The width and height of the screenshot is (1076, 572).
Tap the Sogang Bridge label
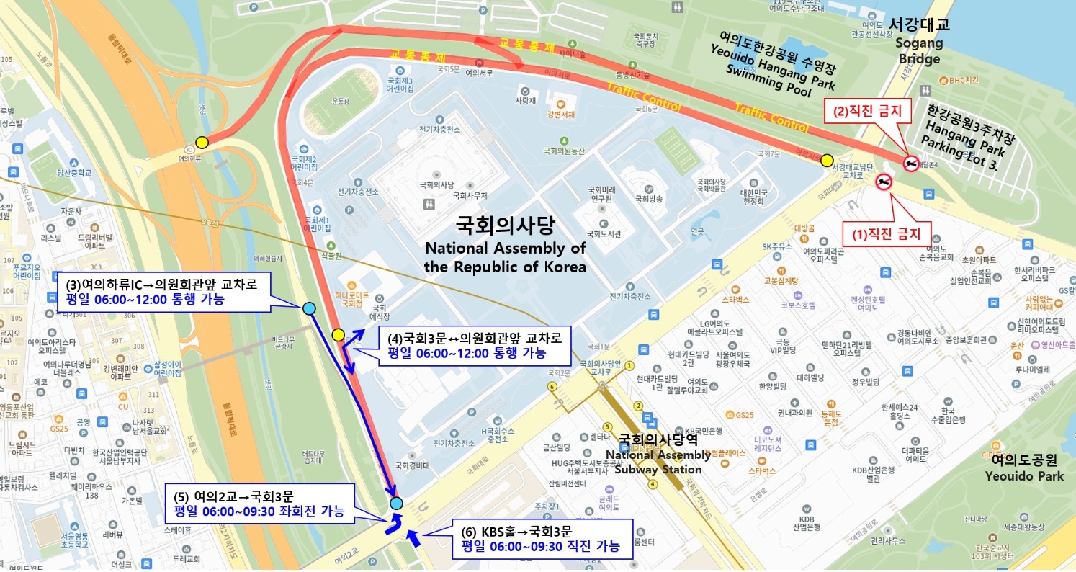pyautogui.click(x=919, y=41)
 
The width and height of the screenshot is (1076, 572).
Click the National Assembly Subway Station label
pyautogui.click(x=655, y=454)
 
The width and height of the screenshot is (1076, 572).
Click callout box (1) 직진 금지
pyautogui.click(x=887, y=233)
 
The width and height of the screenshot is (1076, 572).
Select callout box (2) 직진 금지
pyautogui.click(x=871, y=111)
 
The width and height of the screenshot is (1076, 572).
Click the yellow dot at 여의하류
pyautogui.click(x=202, y=142)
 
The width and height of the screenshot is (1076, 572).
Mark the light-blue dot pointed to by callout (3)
pyautogui.click(x=309, y=308)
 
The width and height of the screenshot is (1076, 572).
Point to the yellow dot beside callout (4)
pyautogui.click(x=338, y=334)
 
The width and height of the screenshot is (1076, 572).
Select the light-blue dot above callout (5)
pyautogui.click(x=396, y=503)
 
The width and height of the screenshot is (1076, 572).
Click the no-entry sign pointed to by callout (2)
pyautogui.click(x=911, y=164)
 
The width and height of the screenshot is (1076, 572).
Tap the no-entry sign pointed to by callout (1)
pyautogui.click(x=884, y=182)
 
